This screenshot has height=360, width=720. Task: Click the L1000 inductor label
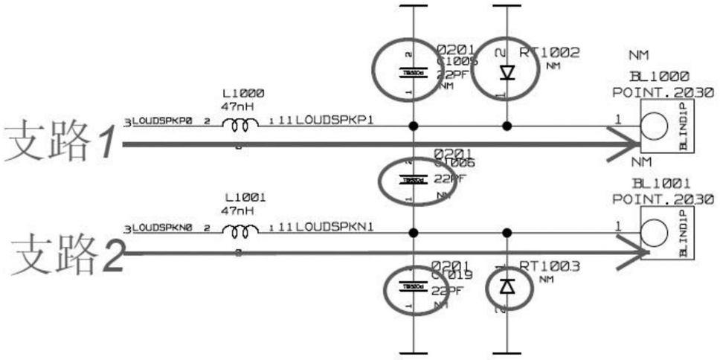[243, 94]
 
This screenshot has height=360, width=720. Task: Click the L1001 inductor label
[243, 198]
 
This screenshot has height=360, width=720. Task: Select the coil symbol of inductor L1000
[243, 126]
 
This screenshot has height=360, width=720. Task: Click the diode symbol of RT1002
[507, 72]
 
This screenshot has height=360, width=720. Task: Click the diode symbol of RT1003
[507, 285]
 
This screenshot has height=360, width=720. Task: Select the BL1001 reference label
[661, 183]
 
